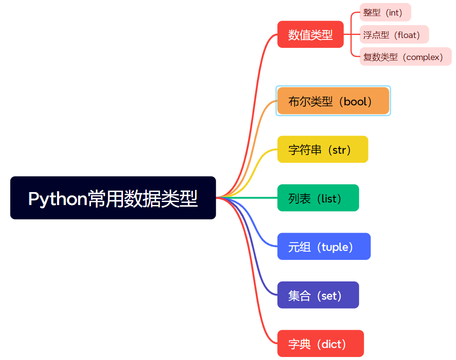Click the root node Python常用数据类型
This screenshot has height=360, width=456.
click(113, 198)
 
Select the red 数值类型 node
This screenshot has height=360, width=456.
click(310, 35)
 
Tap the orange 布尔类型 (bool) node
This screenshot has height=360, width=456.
click(333, 101)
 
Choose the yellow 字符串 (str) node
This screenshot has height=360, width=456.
click(323, 149)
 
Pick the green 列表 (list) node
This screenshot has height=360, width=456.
click(318, 198)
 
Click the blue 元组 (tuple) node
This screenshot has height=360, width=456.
click(324, 246)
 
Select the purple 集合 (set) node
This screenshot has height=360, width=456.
click(318, 295)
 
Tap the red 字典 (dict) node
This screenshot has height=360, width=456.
click(321, 344)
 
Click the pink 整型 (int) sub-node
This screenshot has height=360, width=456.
click(385, 12)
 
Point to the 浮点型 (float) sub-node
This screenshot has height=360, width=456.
click(394, 35)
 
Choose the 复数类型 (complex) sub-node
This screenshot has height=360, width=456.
click(406, 57)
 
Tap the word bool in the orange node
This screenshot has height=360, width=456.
click(355, 101)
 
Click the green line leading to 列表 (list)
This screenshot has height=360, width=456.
click(247, 198)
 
